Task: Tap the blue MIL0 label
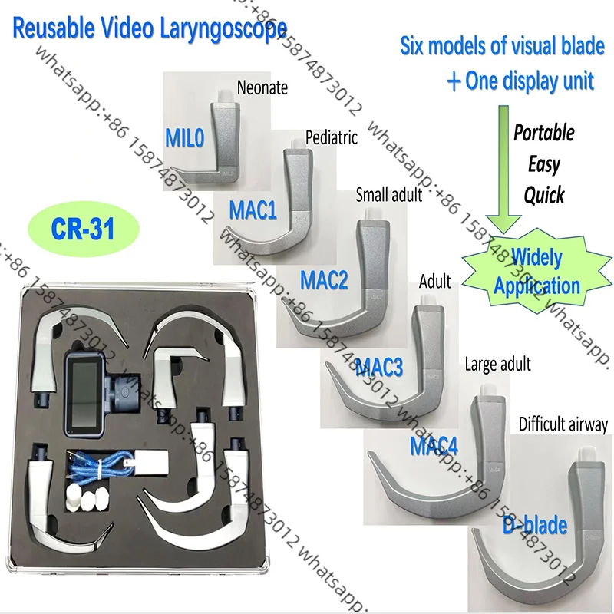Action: pos(187,137)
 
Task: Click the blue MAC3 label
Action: pos(379,368)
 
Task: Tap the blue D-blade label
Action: pos(535,526)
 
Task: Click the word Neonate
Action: pos(262,88)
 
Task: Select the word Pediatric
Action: pos(332,139)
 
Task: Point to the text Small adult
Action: pos(388,195)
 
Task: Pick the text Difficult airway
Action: pos(563,424)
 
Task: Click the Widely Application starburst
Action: pos(536,272)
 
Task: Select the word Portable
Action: pos(543,133)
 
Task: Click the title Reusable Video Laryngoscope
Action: pos(150,30)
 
